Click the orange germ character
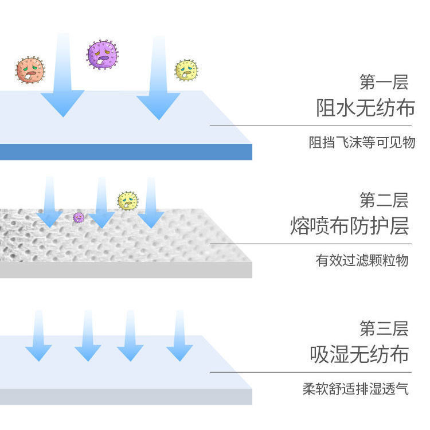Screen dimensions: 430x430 [30, 70]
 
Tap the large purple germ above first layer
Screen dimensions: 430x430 [103, 55]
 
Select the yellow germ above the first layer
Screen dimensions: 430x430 [186, 70]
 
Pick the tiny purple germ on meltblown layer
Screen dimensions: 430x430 [79, 217]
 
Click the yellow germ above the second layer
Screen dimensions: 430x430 [128, 201]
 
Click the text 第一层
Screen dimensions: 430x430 [384, 82]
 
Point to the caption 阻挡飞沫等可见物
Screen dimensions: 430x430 [361, 142]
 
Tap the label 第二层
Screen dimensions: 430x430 [384, 200]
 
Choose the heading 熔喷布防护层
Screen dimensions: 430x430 [349, 226]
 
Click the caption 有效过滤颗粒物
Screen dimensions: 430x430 [362, 260]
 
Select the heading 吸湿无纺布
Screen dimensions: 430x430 [359, 354]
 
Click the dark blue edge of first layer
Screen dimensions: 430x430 [126, 152]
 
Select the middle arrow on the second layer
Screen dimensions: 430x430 [101, 206]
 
